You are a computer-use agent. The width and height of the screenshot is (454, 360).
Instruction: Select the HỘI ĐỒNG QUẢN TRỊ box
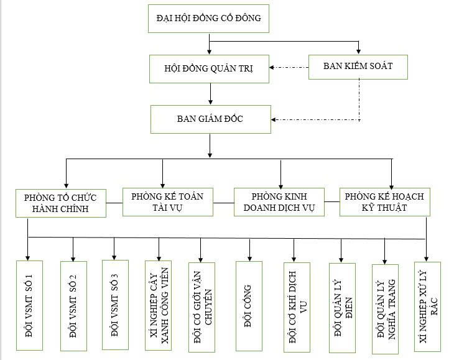(210, 68)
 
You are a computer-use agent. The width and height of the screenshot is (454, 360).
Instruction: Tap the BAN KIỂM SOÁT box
(358, 65)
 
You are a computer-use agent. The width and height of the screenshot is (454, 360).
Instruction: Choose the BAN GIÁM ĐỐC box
(210, 119)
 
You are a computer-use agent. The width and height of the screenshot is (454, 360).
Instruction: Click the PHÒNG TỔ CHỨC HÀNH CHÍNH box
(61, 203)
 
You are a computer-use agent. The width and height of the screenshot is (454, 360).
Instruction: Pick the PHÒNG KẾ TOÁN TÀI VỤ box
(167, 201)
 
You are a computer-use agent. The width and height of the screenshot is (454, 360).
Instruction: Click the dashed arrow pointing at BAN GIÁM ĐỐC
(317, 119)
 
